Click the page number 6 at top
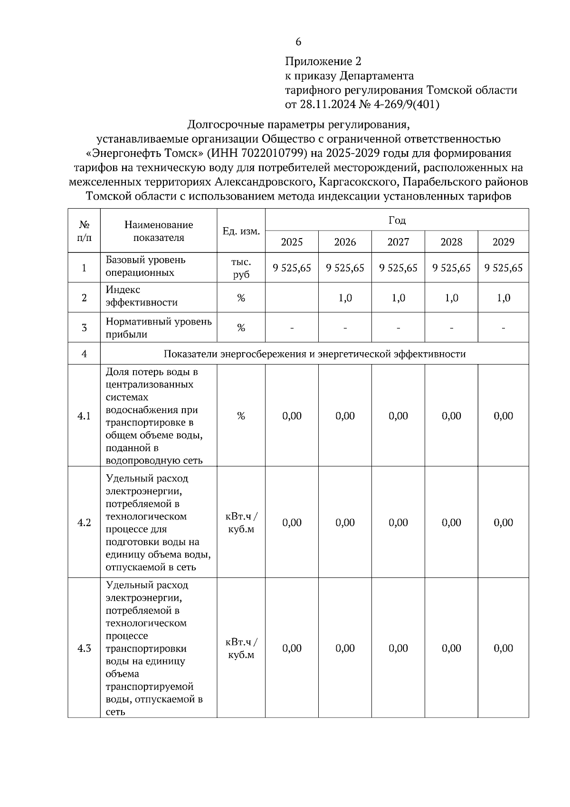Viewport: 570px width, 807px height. [x=298, y=42]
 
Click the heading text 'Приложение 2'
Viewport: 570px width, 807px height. [x=323, y=61]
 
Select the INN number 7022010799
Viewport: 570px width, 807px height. [x=268, y=153]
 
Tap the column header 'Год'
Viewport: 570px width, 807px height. [x=397, y=220]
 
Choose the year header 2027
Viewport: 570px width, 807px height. [x=398, y=242]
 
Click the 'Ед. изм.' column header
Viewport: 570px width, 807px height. [x=241, y=231]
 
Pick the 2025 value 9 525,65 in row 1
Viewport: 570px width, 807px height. [x=292, y=268]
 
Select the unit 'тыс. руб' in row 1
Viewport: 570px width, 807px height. [x=241, y=268]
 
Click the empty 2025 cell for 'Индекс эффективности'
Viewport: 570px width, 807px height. [x=292, y=298]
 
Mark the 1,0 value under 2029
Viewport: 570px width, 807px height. [x=503, y=298]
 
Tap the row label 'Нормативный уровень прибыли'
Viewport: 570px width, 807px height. [x=159, y=328]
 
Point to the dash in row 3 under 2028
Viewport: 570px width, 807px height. [x=451, y=328]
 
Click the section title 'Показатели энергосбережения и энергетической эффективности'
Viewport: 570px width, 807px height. [x=314, y=354]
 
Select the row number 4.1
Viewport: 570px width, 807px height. [x=84, y=416]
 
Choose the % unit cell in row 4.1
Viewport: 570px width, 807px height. [x=241, y=416]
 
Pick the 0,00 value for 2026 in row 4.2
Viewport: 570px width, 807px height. [x=345, y=523]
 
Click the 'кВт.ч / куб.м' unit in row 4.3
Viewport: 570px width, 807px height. [x=241, y=648]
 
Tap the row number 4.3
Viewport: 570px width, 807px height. [x=84, y=648]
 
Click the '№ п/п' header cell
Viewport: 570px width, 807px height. [x=84, y=231]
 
